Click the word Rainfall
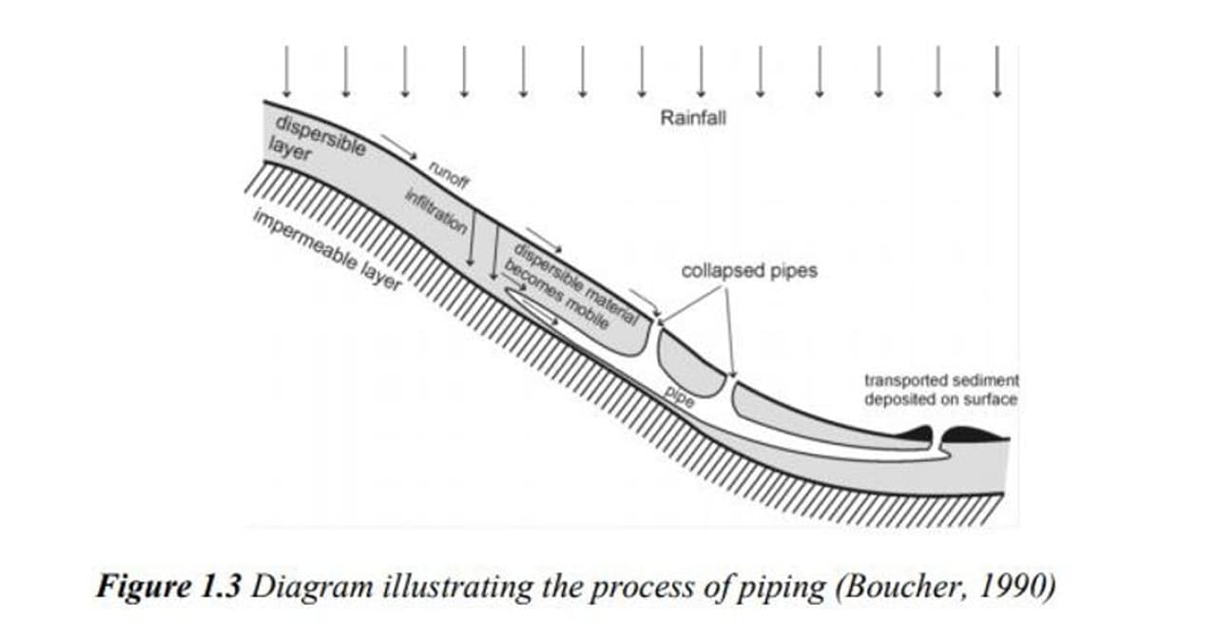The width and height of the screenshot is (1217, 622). click(692, 119)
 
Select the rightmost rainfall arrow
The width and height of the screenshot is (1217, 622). click(996, 71)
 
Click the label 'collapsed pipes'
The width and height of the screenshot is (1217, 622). click(749, 271)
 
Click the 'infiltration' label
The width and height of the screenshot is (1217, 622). click(435, 213)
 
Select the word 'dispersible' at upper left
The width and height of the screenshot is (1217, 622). click(319, 136)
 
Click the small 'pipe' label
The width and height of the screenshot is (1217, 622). click(679, 398)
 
